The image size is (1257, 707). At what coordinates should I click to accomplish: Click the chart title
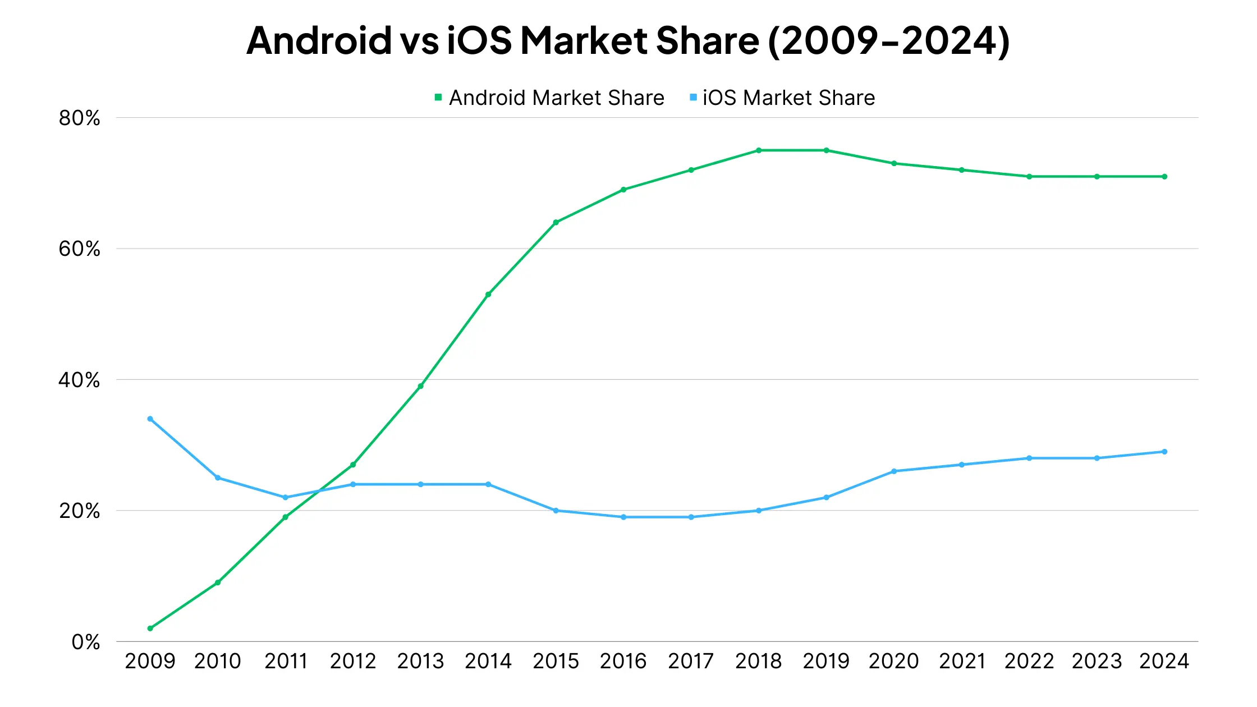click(628, 40)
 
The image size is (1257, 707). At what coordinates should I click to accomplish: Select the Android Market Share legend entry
click(550, 98)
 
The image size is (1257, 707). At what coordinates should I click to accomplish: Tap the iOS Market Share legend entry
click(783, 98)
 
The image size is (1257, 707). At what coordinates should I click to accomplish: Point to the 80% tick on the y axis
click(79, 118)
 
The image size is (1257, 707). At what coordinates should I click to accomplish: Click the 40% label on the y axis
click(79, 380)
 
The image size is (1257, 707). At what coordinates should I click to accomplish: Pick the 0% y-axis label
click(85, 642)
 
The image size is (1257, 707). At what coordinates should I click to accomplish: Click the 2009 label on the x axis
click(150, 661)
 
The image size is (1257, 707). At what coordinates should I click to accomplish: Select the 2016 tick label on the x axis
click(623, 661)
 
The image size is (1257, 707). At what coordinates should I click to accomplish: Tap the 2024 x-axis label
click(1164, 661)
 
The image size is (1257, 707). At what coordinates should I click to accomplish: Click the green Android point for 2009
click(150, 628)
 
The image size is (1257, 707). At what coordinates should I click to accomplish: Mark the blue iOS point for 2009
click(150, 419)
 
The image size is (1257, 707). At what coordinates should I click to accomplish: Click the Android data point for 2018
click(759, 150)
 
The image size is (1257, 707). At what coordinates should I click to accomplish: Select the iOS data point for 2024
click(1164, 452)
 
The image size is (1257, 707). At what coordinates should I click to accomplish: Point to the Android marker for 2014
click(488, 295)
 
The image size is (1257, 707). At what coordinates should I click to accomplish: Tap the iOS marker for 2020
click(894, 471)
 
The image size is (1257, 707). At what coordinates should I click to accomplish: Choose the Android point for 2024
click(1164, 177)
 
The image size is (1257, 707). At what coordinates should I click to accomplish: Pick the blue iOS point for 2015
click(556, 511)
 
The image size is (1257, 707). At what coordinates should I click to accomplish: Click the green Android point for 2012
click(353, 465)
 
